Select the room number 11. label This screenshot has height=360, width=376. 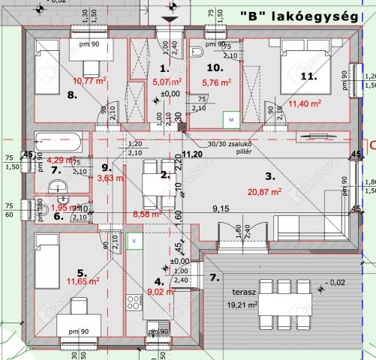[x=308, y=76]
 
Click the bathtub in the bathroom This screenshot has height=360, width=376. [x=60, y=141]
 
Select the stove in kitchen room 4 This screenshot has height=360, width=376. [x=135, y=303]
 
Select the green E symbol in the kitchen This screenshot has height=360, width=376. [x=134, y=241]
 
